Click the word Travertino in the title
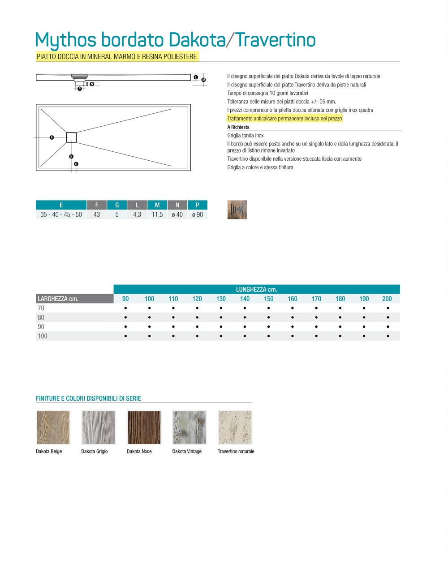pyautogui.click(x=275, y=40)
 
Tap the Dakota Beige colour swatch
pyautogui.click(x=53, y=428)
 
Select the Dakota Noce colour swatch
pyautogui.click(x=144, y=428)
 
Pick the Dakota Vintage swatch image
pyautogui.click(x=190, y=428)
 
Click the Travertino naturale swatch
pyautogui.click(x=235, y=428)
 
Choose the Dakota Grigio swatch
pyautogui.click(x=99, y=428)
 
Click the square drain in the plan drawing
pyautogui.click(x=72, y=137)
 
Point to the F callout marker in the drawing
pyautogui.click(x=52, y=137)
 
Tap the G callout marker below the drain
pyautogui.click(x=76, y=164)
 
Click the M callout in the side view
pyautogui.click(x=203, y=80)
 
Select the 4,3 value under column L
pyautogui.click(x=137, y=214)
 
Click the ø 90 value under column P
pyautogui.click(x=198, y=214)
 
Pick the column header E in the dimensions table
pyautogui.click(x=61, y=205)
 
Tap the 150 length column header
pyautogui.click(x=268, y=299)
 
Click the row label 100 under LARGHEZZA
pyautogui.click(x=43, y=336)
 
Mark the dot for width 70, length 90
pyautogui.click(x=125, y=308)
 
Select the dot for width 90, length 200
pyautogui.click(x=388, y=327)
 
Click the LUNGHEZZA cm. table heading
pyautogui.click(x=256, y=289)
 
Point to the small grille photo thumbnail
pyautogui.click(x=237, y=210)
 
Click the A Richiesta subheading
pyautogui.click(x=238, y=127)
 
